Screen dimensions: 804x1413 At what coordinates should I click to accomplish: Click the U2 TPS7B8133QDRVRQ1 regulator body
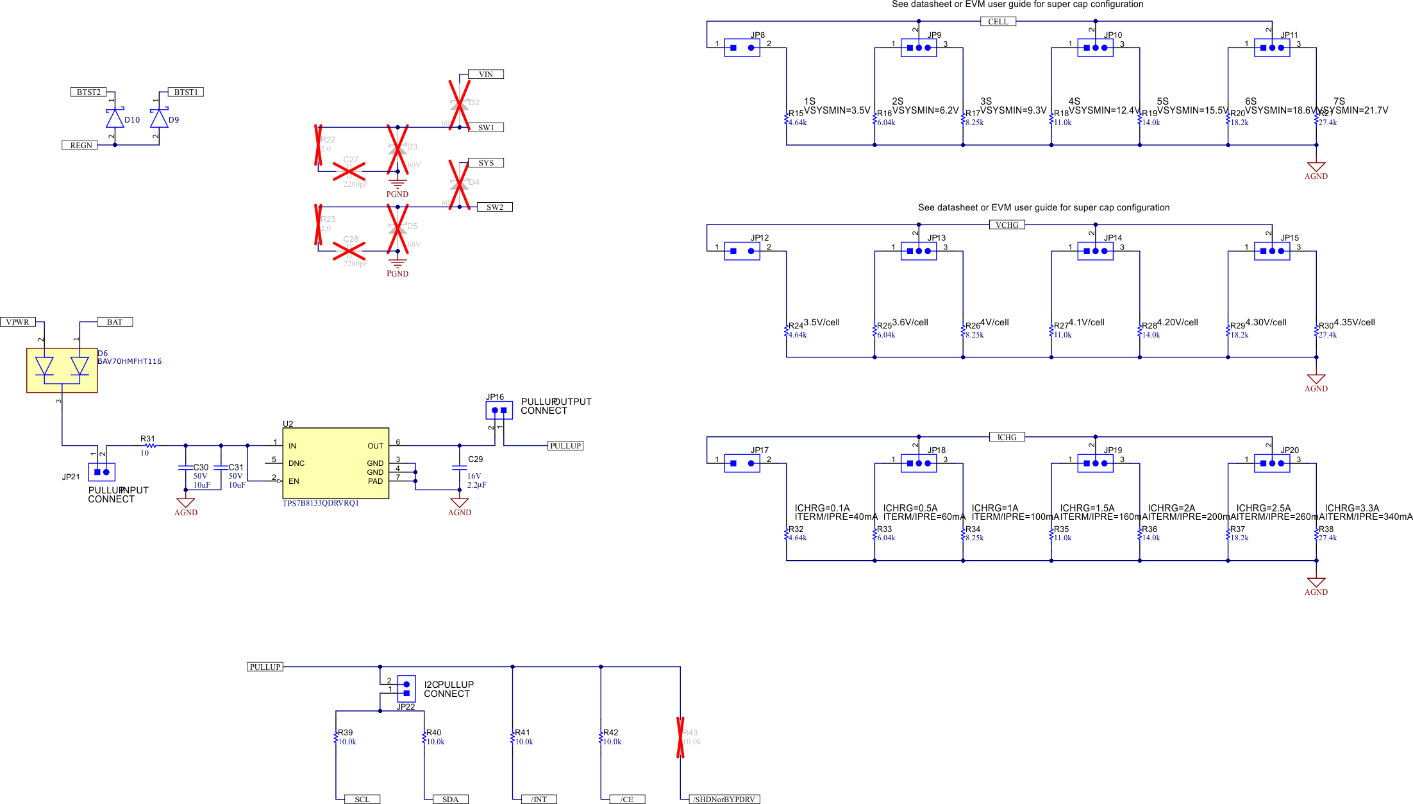click(x=335, y=463)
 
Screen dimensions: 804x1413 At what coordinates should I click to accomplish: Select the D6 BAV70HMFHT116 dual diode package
click(x=62, y=370)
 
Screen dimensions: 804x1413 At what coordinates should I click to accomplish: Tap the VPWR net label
click(x=18, y=322)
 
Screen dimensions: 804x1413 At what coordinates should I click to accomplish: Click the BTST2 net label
click(x=88, y=92)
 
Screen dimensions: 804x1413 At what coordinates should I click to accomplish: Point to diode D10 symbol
click(x=115, y=119)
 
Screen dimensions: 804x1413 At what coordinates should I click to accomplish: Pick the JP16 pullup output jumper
click(x=499, y=410)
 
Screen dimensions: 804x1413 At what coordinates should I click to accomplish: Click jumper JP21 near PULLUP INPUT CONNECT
click(x=101, y=472)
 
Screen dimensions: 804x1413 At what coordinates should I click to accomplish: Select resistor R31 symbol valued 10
click(x=149, y=445)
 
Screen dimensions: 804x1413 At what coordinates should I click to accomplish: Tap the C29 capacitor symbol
click(x=459, y=468)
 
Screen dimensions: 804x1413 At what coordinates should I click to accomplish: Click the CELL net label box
click(x=998, y=22)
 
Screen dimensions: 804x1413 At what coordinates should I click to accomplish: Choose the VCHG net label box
click(x=1007, y=225)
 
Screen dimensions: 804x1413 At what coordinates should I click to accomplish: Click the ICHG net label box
click(x=1007, y=438)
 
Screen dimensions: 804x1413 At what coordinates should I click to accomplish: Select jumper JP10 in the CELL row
click(x=1095, y=47)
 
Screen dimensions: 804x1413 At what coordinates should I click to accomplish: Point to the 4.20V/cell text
click(x=1177, y=323)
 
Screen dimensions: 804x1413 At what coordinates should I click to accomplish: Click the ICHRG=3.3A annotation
click(x=1351, y=508)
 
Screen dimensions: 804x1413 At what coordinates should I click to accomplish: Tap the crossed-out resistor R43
click(x=680, y=737)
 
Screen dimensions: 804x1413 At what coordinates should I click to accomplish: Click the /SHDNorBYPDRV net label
click(x=724, y=800)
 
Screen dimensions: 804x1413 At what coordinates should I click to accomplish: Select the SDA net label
click(x=450, y=800)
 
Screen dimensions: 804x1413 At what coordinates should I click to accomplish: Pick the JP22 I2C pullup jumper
click(x=406, y=689)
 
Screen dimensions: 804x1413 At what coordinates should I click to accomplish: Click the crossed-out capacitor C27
click(x=349, y=171)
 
